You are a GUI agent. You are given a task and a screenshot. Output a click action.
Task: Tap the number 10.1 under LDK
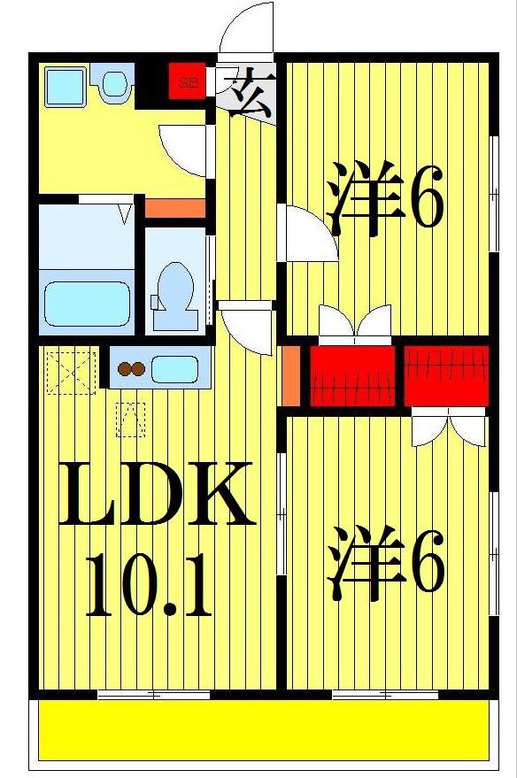click(x=148, y=586)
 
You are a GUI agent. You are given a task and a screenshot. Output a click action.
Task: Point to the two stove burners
click(x=132, y=369)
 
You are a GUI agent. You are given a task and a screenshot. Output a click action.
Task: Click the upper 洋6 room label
click(x=386, y=200)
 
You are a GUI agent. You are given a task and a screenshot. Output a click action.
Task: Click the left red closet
click(x=351, y=376)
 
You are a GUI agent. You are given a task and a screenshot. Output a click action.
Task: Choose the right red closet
click(x=446, y=372)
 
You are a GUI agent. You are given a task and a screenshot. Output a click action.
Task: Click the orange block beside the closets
click(x=290, y=375)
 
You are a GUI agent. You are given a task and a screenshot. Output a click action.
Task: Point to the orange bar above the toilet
click(x=174, y=209)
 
